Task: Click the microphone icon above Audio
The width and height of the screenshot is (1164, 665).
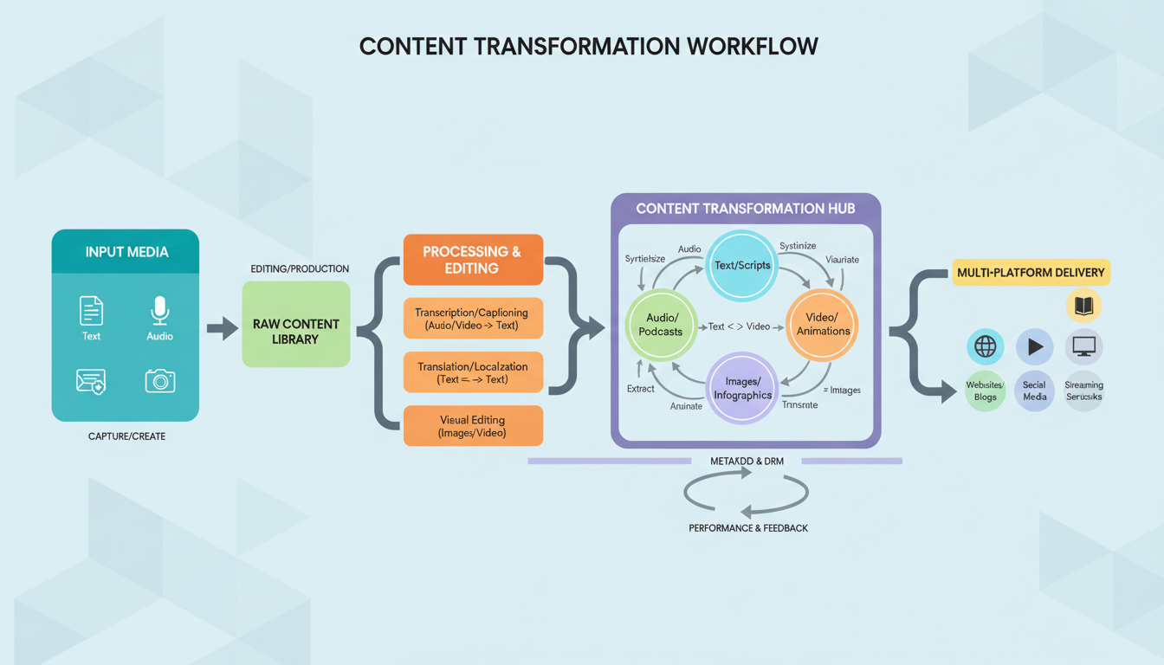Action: click(x=159, y=311)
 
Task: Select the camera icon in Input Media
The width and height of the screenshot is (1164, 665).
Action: click(x=159, y=381)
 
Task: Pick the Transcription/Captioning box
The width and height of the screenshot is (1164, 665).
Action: click(x=472, y=319)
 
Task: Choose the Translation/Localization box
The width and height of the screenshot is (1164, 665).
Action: click(x=472, y=372)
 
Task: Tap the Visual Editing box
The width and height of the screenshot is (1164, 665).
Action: click(x=472, y=426)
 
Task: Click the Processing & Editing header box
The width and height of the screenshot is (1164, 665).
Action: click(x=472, y=260)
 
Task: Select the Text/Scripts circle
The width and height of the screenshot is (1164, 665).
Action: click(x=742, y=265)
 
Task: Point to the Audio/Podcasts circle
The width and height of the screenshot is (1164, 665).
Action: click(x=661, y=325)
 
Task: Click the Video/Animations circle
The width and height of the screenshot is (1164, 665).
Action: click(x=823, y=324)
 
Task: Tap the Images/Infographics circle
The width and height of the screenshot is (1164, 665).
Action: click(x=742, y=388)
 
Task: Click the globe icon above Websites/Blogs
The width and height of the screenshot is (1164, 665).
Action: click(x=985, y=347)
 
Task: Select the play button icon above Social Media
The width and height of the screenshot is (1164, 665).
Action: click(x=1034, y=347)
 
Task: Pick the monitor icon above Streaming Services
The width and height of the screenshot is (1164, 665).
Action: click(x=1083, y=347)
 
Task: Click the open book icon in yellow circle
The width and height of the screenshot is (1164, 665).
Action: click(x=1083, y=306)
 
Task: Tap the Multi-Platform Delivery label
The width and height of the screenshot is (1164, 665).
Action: click(x=1031, y=272)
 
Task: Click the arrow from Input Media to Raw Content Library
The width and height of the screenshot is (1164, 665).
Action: click(x=223, y=328)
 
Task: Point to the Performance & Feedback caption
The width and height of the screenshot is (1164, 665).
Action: click(x=748, y=527)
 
